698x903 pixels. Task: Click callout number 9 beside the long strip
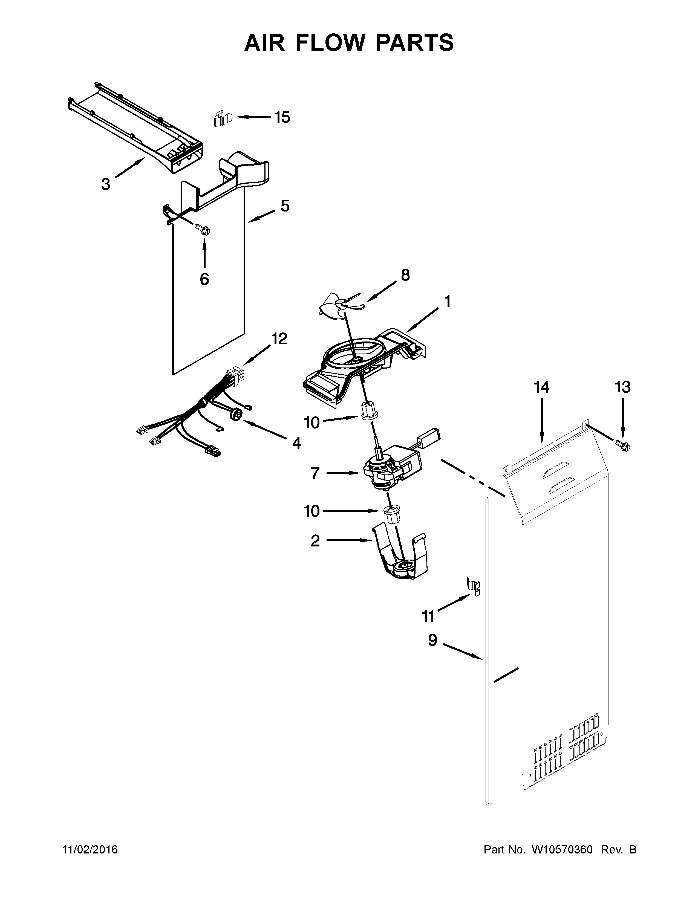[432, 641]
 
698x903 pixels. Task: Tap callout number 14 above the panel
[541, 387]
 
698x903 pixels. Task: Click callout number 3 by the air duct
[106, 184]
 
